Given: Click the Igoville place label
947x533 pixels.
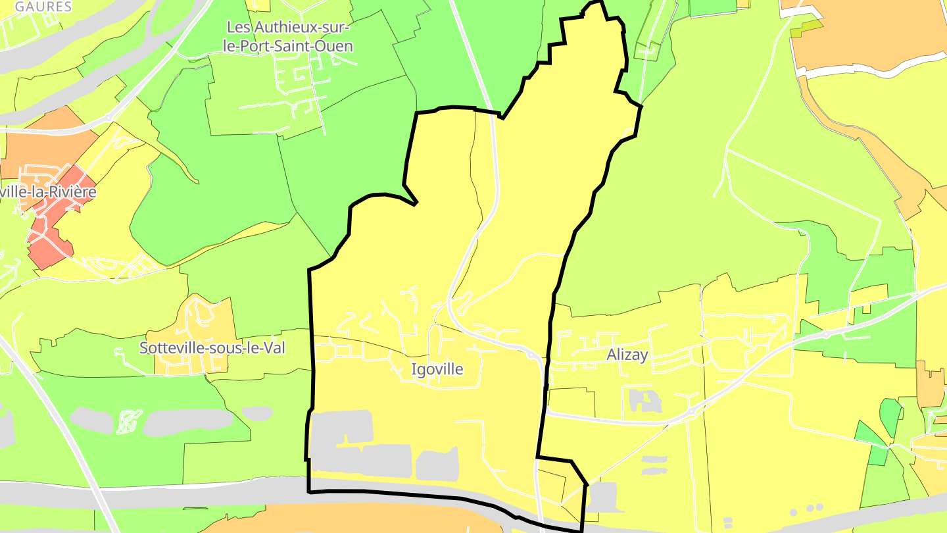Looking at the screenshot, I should point(437,369).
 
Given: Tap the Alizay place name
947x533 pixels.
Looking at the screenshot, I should point(627,355).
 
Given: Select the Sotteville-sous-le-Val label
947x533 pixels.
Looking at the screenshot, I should point(212,348).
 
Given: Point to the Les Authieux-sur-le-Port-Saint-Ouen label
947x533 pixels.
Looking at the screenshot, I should point(289,36).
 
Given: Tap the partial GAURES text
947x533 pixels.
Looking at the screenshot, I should point(43,7).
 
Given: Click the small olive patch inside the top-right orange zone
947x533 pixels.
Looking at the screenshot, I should point(806,30).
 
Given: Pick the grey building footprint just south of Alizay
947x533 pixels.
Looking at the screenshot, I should point(645,401).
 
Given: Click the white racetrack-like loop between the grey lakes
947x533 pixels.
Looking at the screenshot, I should point(129,422).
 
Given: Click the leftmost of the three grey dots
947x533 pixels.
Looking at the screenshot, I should point(793,512).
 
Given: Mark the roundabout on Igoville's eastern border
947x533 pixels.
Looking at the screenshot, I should point(531,355).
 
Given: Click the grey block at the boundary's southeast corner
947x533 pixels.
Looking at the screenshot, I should point(601,496).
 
